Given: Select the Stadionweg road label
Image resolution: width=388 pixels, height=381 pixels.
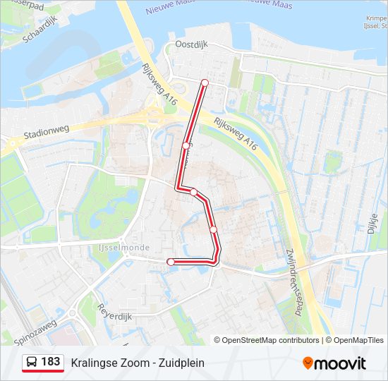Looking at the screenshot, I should [x=45, y=133].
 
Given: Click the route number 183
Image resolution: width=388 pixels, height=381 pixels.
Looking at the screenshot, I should [x=50, y=362].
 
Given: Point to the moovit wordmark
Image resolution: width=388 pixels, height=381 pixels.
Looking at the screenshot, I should [x=340, y=363].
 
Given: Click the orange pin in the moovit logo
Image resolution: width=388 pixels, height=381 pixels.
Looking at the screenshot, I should [x=308, y=363].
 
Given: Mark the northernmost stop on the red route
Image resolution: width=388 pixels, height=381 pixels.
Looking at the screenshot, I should [x=205, y=83].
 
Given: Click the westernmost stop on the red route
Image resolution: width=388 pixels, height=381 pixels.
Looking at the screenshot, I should [x=170, y=262].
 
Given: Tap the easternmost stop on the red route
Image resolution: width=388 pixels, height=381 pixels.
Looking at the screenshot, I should [x=213, y=229].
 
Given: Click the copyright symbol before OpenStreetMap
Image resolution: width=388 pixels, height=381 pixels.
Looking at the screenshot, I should [x=218, y=340].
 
